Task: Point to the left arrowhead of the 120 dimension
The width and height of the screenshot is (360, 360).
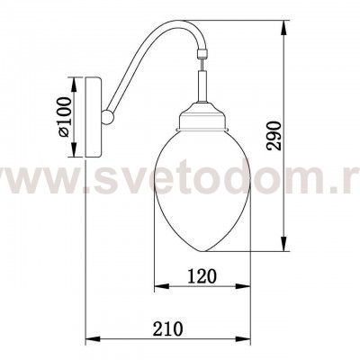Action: click(158, 287)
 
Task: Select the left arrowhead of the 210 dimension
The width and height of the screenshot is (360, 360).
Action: click(88, 341)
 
